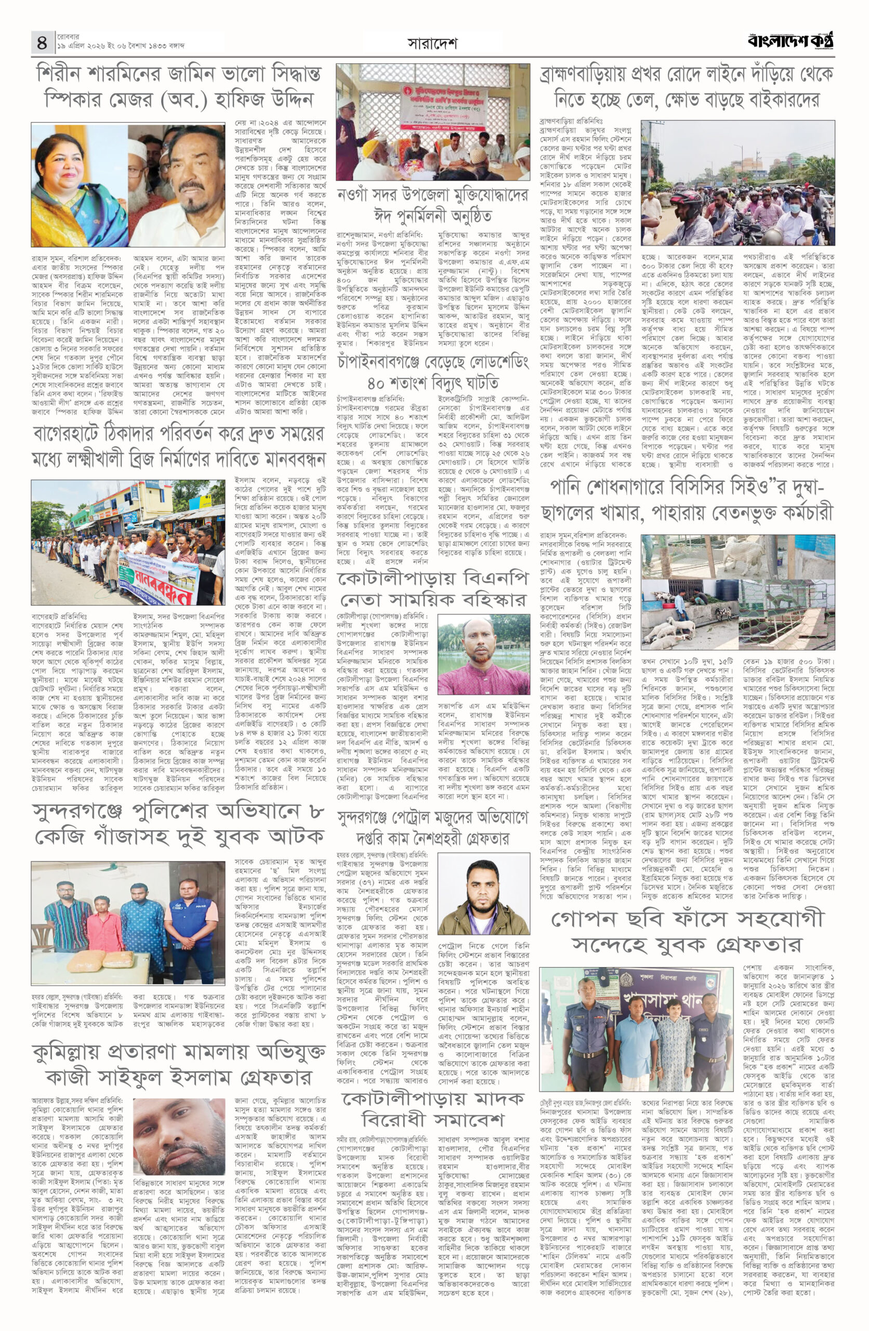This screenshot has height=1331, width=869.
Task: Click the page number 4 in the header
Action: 42,42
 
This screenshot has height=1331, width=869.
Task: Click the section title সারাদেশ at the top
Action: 432,43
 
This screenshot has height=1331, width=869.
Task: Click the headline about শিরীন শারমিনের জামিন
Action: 178,86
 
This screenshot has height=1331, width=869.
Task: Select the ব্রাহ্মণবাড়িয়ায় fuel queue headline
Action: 687,86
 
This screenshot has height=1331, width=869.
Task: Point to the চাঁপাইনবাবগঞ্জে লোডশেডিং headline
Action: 433,372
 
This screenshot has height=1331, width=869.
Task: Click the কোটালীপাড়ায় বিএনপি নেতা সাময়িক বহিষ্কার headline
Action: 433,589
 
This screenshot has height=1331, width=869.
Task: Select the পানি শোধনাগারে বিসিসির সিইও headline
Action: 687,501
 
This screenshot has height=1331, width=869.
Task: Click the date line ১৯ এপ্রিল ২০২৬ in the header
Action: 120,46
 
